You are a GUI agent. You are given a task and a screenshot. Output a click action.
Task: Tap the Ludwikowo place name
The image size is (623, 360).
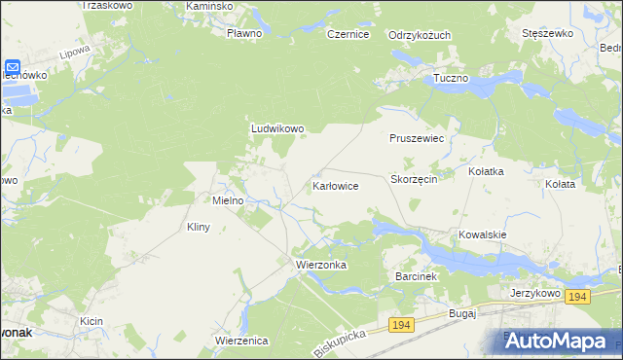278,127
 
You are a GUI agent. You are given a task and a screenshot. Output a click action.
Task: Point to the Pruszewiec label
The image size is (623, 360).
417,139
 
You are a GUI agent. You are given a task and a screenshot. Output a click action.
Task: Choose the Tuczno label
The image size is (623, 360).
451,77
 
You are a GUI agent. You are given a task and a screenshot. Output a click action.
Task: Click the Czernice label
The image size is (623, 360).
348,34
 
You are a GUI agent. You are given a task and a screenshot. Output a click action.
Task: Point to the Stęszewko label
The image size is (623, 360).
546,33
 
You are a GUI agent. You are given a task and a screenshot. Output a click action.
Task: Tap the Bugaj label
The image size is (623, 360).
460,313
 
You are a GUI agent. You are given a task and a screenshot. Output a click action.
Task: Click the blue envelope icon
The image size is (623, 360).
13,68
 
